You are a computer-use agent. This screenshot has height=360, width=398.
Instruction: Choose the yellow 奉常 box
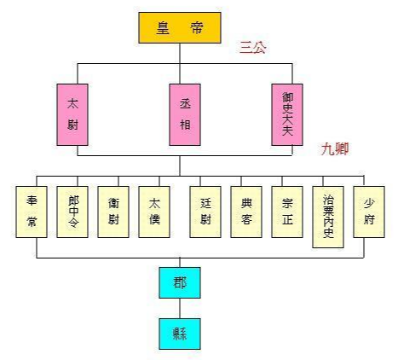click(x=34, y=210)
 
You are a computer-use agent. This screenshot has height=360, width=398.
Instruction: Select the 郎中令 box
click(x=73, y=210)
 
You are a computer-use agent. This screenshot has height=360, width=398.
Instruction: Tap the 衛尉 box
click(x=113, y=210)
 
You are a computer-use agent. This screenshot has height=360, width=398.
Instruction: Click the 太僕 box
click(x=156, y=210)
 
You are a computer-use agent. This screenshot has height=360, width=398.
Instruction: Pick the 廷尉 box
click(x=205, y=210)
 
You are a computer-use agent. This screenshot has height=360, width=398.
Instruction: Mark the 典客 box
click(x=246, y=210)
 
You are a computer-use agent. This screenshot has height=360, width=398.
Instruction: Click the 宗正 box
click(x=287, y=210)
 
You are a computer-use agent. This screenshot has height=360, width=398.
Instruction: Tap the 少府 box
click(x=369, y=210)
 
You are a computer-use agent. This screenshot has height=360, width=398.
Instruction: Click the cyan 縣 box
click(x=179, y=333)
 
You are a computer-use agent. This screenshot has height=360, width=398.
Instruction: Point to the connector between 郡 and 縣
click(x=179, y=308)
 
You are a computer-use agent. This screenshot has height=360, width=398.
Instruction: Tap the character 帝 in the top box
click(x=197, y=26)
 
